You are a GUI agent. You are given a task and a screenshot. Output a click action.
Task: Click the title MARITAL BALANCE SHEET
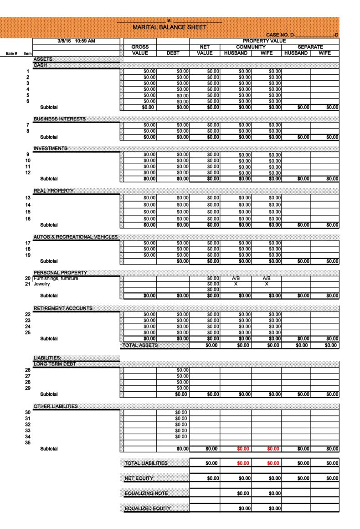pyautogui.click(x=169, y=27)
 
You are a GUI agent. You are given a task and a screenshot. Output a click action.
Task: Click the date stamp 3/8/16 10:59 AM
pyautogui.click(x=76, y=41)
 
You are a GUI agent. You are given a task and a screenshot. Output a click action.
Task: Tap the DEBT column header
pyautogui.click(x=173, y=53)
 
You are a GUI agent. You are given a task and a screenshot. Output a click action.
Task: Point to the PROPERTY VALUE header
pyautogui.click(x=264, y=41)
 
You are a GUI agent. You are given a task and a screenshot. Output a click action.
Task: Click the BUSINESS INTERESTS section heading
pyautogui.click(x=59, y=119)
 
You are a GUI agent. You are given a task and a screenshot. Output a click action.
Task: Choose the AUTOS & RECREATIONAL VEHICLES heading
pyautogui.click(x=75, y=237)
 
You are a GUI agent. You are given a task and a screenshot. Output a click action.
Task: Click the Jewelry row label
pyautogui.click(x=41, y=284)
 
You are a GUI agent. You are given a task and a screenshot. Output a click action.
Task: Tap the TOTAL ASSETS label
pyautogui.click(x=139, y=345)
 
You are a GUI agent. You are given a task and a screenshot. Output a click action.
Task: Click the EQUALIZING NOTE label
pyautogui.click(x=146, y=493)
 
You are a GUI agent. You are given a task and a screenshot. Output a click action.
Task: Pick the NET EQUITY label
pyautogui.click(x=139, y=478)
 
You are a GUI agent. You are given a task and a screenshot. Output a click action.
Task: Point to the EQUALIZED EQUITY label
pyautogui.click(x=148, y=508)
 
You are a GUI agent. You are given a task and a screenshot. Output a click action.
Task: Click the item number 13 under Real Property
pyautogui.click(x=27, y=198)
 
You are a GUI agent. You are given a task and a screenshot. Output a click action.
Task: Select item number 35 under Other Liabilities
pyautogui.click(x=27, y=442)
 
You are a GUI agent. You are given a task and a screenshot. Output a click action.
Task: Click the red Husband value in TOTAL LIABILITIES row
pyautogui.click(x=243, y=463)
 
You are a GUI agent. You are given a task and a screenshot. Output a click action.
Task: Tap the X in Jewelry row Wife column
pyautogui.click(x=267, y=284)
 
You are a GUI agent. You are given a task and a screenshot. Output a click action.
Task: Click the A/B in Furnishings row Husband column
pyautogui.click(x=236, y=278)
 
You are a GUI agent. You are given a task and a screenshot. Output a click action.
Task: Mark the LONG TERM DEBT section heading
pyautogui.click(x=54, y=364)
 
